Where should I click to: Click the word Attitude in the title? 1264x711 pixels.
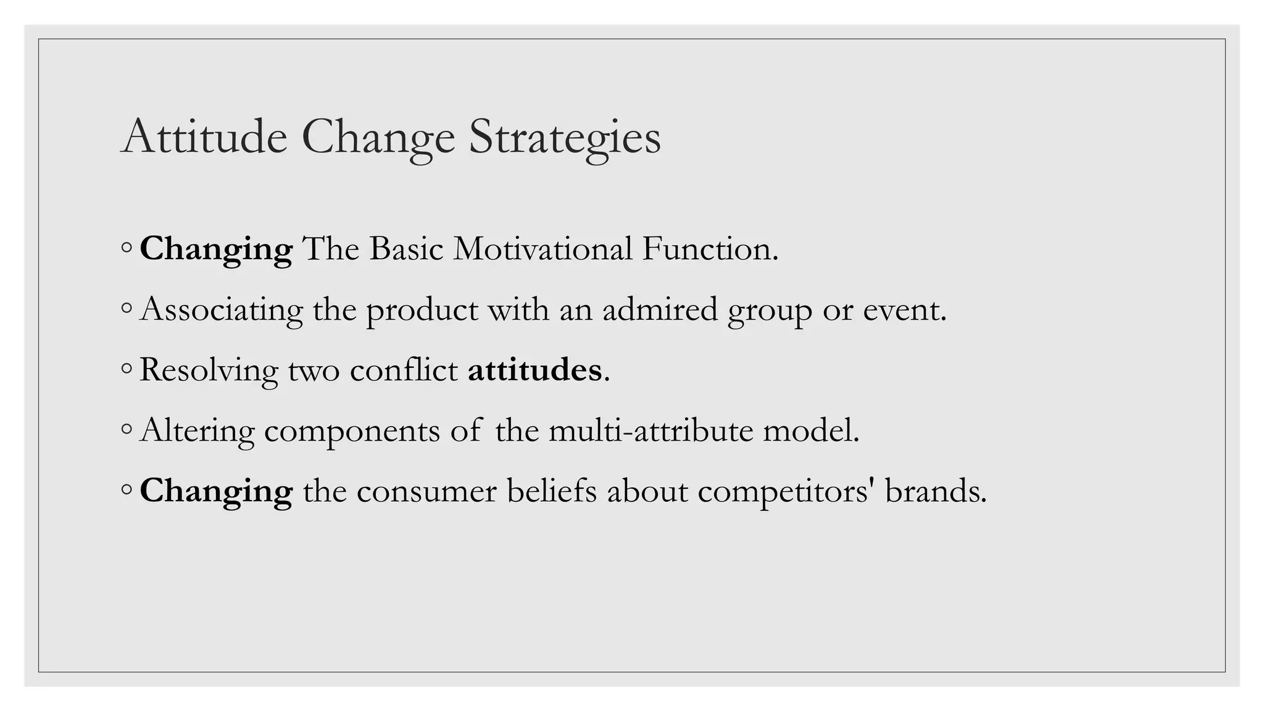204,136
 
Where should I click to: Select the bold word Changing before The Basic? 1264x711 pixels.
216,249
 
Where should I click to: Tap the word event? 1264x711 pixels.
904,309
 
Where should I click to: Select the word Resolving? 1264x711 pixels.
209,370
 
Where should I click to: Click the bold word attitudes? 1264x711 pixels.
534,370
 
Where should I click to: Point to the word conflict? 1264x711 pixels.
404,370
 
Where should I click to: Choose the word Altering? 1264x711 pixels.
197,430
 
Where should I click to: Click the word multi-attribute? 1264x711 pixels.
651,430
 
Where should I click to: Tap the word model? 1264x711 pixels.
811,430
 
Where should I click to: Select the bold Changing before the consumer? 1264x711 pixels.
216,491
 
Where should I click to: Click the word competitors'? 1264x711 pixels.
786,492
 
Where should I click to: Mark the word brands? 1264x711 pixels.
936,491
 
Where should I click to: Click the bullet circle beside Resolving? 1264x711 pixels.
127,368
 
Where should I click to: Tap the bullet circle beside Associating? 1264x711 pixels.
127,308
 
